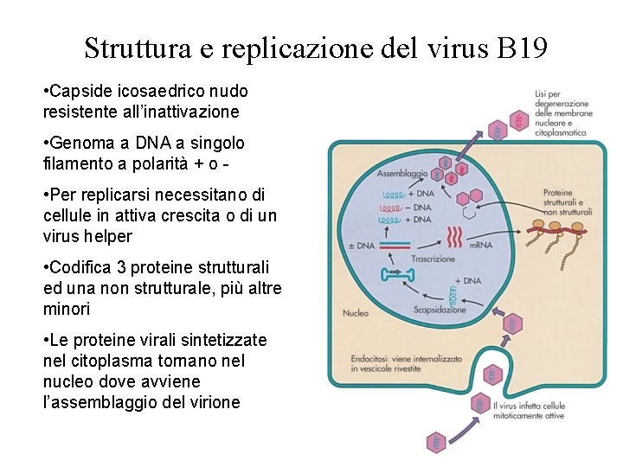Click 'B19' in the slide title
tap(523, 48)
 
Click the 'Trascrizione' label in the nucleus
tap(433, 258)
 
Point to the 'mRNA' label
tap(481, 246)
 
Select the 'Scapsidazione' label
tap(440, 309)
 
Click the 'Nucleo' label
tap(356, 313)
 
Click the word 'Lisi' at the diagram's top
tap(543, 93)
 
